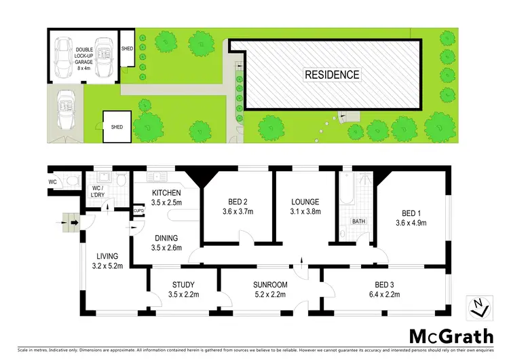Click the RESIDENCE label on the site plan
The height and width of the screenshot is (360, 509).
click(x=331, y=75)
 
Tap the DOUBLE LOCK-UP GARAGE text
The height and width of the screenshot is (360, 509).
click(x=84, y=57)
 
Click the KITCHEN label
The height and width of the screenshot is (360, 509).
click(x=166, y=198)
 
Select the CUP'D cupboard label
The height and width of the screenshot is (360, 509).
click(x=138, y=211)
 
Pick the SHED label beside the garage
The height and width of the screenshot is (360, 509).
click(x=127, y=49)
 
